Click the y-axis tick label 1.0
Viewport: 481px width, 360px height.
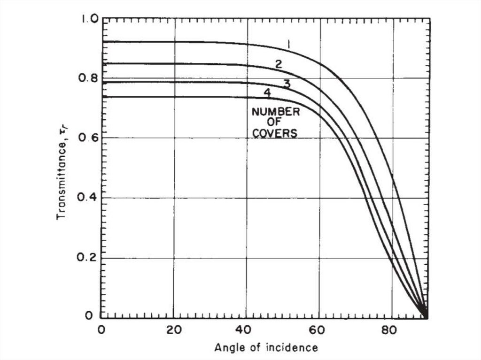tap(88, 19)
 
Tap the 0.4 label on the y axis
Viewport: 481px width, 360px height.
tap(88, 198)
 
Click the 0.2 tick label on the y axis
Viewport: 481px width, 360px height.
tap(88, 258)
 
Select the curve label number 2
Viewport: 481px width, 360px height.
tap(278, 64)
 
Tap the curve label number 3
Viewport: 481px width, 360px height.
tap(287, 84)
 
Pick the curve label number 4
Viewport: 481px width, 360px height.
tap(267, 93)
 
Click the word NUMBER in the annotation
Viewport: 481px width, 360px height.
tap(275, 112)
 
